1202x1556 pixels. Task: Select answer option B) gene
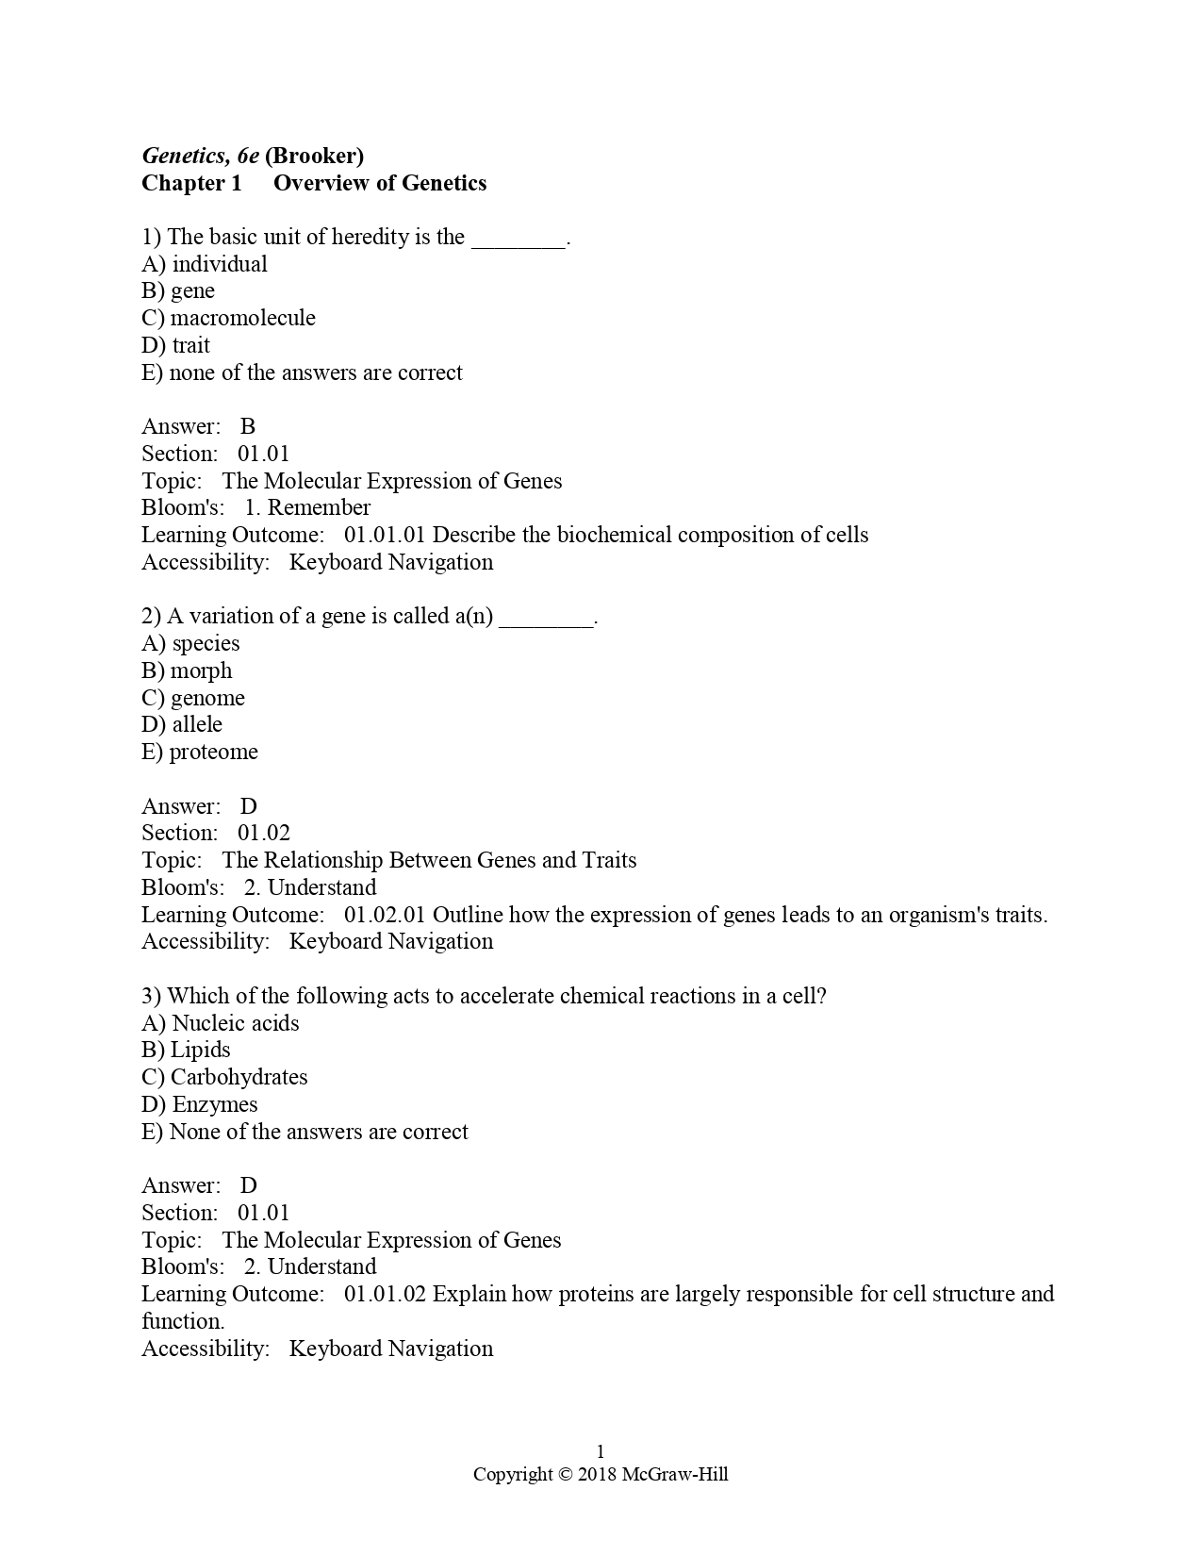(x=178, y=291)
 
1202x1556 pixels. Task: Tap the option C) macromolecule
(x=228, y=318)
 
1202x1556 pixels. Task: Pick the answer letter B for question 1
(x=248, y=427)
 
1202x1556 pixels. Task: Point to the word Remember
(x=319, y=508)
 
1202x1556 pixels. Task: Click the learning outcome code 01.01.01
(x=385, y=536)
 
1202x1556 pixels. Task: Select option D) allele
(x=182, y=725)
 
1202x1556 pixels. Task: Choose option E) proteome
(x=200, y=753)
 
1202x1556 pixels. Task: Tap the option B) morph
(x=187, y=671)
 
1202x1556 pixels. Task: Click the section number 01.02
(x=264, y=834)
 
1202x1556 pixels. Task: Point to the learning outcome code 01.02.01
(x=385, y=916)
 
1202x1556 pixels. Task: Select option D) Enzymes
(x=199, y=1105)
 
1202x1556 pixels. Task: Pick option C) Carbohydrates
(x=224, y=1078)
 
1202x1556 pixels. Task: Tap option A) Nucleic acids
(x=221, y=1024)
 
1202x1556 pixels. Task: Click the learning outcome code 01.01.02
(x=385, y=1295)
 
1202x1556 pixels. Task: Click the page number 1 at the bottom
(x=601, y=1451)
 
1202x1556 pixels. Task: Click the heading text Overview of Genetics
(x=380, y=183)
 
